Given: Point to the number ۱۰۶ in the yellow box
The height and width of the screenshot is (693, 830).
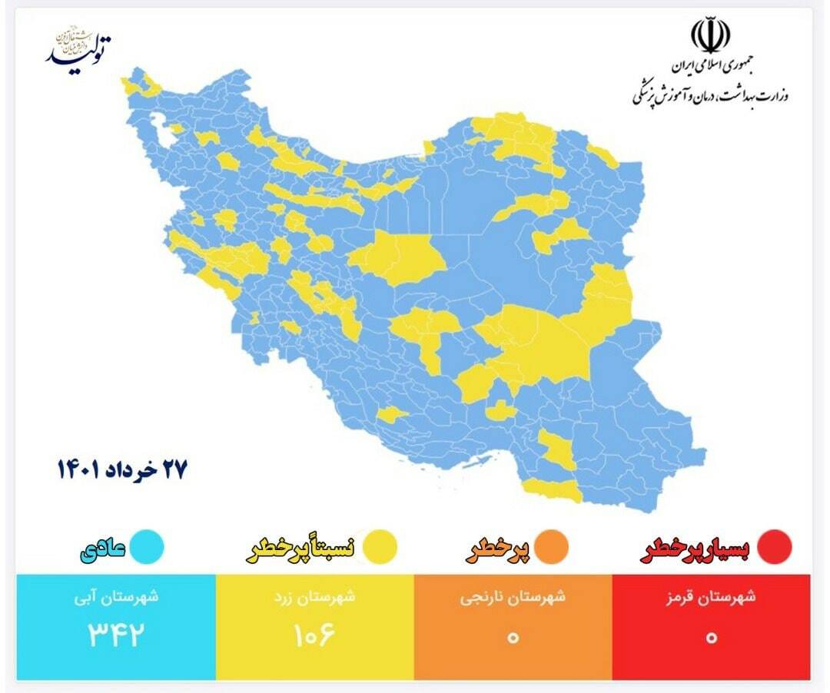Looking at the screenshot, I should coord(315,636).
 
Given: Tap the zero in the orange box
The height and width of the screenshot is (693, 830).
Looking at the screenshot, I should coord(513,637).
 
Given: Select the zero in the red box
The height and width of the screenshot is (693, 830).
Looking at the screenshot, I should coord(711,637).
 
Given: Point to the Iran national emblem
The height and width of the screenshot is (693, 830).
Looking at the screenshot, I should coord(710,35).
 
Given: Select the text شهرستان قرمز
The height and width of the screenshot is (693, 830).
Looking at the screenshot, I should coord(711,597).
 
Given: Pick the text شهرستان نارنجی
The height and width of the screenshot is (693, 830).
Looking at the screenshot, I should coord(513,597).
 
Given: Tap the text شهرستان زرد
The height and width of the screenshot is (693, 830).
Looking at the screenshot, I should coord(315,597).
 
